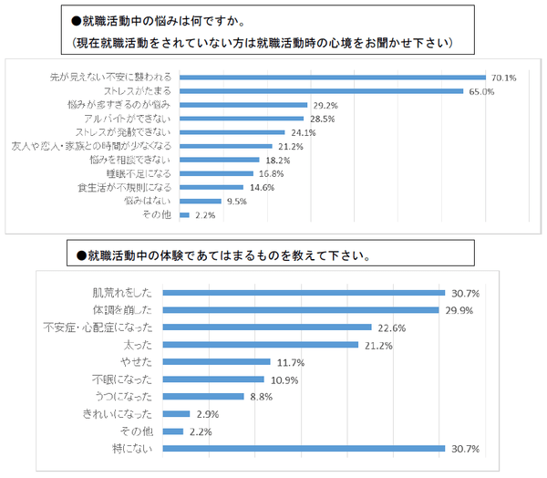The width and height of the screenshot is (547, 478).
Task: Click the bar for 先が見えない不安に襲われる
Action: [x=333, y=78]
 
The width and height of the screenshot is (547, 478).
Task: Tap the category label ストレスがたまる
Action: [x=142, y=91]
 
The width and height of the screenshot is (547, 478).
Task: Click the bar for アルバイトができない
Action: [x=243, y=119]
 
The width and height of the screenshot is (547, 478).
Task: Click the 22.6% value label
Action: [x=389, y=327]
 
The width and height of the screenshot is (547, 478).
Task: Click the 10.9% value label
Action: [x=283, y=379]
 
